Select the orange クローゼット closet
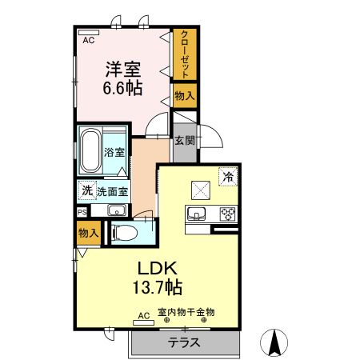pyautogui.click(x=185, y=54)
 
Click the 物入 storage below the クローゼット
pyautogui.click(x=185, y=95)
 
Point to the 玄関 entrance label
pyautogui.click(x=184, y=141)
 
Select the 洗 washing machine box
pyautogui.click(x=86, y=191)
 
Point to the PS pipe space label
pyautogui.click(x=82, y=211)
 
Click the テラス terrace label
pyautogui.click(x=183, y=342)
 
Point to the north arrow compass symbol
pyautogui.click(x=274, y=342)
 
